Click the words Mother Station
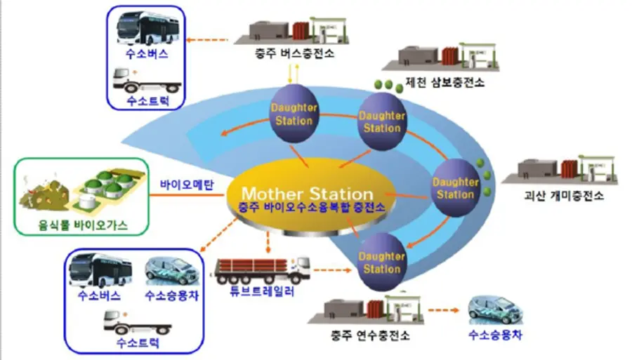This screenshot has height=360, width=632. tap(308, 193)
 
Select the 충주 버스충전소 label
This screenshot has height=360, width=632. tap(294, 55)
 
